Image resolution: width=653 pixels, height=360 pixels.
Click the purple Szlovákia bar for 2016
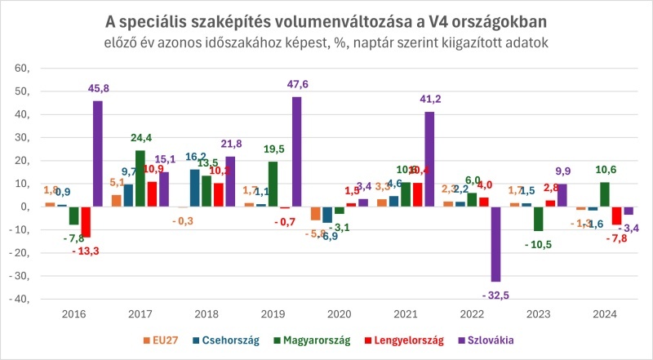[98, 153]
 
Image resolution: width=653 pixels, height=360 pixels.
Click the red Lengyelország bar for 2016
[86, 222]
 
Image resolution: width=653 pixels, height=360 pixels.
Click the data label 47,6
[297, 84]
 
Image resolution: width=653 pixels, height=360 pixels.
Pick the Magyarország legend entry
[313, 340]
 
